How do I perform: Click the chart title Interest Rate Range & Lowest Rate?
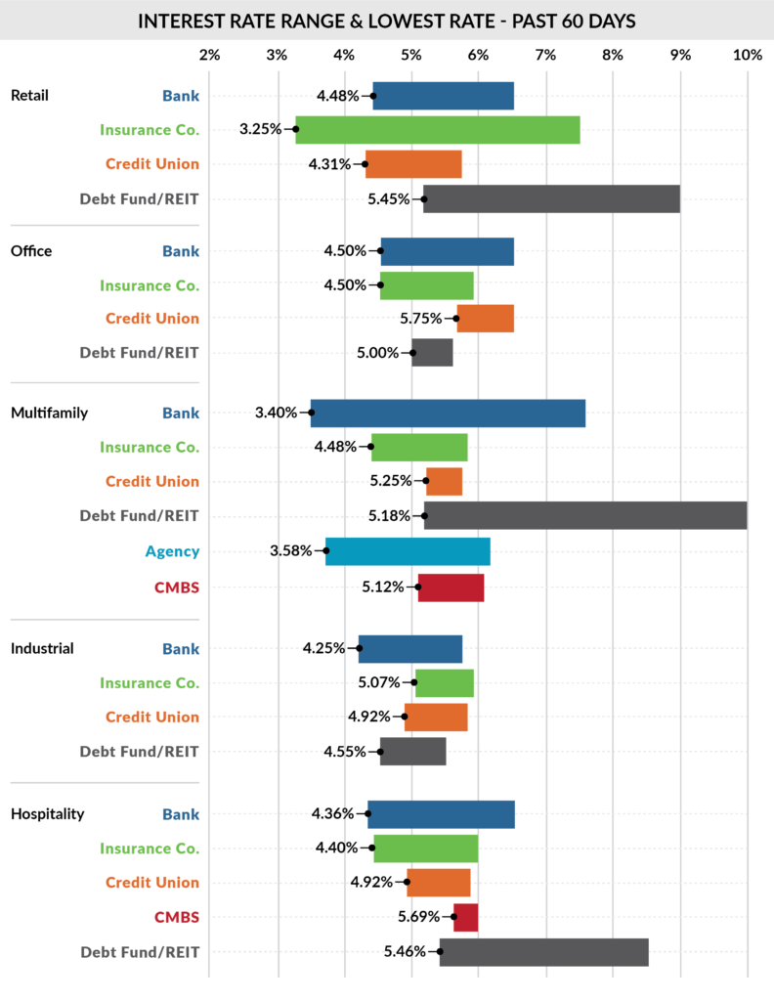[387, 21]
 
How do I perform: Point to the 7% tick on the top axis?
[545, 55]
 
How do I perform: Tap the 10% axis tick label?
[747, 55]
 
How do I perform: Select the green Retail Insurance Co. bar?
[438, 129]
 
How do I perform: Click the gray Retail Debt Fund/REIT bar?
[551, 198]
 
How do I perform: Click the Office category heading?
[31, 251]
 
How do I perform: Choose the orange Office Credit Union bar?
[485, 319]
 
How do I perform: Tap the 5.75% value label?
[421, 319]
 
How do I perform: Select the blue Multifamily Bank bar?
[448, 413]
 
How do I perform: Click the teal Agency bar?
[408, 551]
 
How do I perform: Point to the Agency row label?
[172, 551]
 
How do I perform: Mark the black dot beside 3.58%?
[326, 551]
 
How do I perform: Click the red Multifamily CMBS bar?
[451, 587]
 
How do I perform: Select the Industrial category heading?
[42, 648]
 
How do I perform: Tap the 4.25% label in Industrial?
[323, 648]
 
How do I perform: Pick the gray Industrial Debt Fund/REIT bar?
[412, 752]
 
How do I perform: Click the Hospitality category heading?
[47, 813]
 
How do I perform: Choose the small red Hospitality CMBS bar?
[465, 917]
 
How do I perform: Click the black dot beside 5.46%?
[440, 951]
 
